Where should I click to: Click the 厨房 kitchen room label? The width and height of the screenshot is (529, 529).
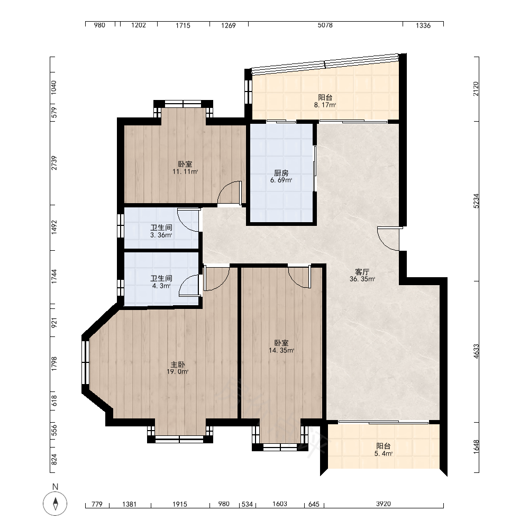coord(281,173)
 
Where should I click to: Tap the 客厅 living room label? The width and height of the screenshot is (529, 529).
coord(362,272)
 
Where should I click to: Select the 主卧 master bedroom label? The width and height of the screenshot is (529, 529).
coord(177,364)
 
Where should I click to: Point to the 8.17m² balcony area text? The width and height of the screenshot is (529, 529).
coord(325,105)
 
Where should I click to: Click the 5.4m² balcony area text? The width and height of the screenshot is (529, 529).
coord(383,454)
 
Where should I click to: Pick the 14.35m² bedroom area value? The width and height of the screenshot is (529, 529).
coord(281,351)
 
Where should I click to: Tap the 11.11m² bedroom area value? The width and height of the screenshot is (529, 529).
coord(185,172)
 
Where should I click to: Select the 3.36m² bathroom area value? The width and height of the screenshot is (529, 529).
coord(161,235)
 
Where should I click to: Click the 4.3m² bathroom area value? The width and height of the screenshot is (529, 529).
coord(161,286)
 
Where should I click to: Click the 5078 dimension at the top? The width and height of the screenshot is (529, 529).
coord(325,25)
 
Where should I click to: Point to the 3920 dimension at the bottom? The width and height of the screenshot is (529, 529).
coord(383,504)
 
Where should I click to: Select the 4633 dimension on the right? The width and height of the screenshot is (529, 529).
coord(476,351)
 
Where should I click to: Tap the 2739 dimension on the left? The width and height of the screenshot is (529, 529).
coord(54,163)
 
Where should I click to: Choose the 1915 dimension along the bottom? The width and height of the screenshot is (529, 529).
coord(180,504)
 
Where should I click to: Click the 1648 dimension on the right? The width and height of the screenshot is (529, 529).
coord(476,447)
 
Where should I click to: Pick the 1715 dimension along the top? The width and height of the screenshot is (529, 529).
coord(183,25)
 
